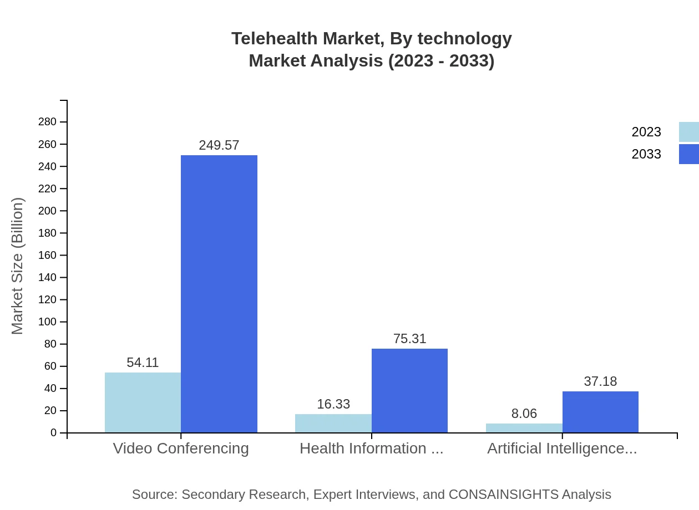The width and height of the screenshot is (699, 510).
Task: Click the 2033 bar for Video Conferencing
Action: point(219,294)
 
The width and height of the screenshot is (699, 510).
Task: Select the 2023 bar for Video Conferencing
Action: point(143,402)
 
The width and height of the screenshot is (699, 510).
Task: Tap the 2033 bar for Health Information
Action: point(409,391)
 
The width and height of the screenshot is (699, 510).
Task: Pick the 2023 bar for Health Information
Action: point(333,424)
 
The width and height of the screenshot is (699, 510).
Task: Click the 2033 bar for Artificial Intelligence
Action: point(600,412)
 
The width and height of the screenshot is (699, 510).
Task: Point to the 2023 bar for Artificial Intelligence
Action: point(524,428)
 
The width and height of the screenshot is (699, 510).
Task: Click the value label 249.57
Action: point(219,145)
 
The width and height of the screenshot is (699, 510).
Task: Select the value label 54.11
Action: point(143,363)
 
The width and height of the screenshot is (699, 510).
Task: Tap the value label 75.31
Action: point(409,339)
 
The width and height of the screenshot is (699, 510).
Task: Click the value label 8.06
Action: point(524,414)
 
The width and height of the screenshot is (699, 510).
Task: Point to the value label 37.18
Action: point(600,381)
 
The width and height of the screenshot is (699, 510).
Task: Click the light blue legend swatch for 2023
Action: point(688,132)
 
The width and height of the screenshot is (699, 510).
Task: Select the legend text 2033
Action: point(646,154)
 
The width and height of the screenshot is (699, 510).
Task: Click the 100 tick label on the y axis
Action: point(47,322)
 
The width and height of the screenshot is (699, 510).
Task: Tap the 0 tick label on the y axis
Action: point(54,433)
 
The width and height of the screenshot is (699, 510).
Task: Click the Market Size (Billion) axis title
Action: point(17,266)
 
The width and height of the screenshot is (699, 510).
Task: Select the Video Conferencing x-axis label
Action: point(181,448)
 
